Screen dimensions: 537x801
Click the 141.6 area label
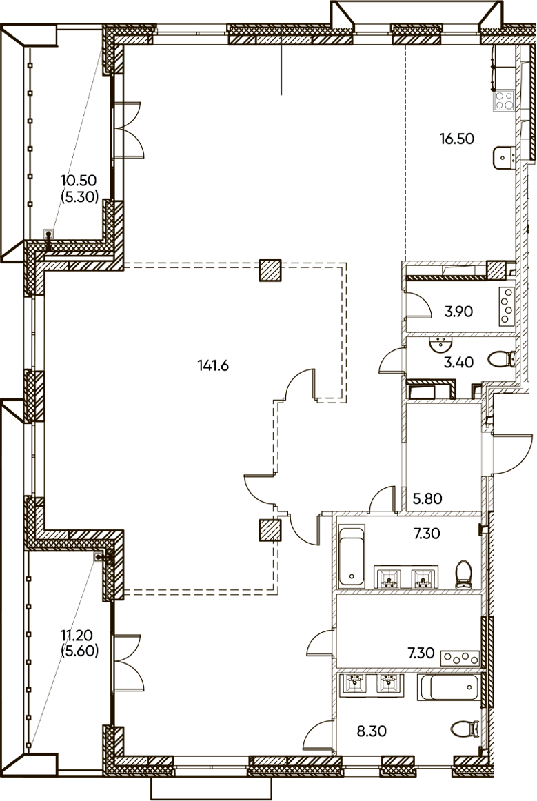point(212,365)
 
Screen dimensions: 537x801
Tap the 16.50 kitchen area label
point(457,139)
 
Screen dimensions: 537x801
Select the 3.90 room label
point(458,311)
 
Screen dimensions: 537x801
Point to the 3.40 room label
point(458,363)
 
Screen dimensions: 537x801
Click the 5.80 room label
point(427,498)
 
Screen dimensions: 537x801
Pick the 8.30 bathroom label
point(372,731)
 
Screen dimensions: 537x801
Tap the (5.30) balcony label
point(80,196)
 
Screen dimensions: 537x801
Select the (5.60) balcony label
point(80,651)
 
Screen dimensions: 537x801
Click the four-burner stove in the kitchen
point(505,100)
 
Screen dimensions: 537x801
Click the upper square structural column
point(270,270)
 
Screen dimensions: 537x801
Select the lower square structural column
point(270,530)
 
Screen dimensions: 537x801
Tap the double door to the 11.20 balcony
point(127,662)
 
